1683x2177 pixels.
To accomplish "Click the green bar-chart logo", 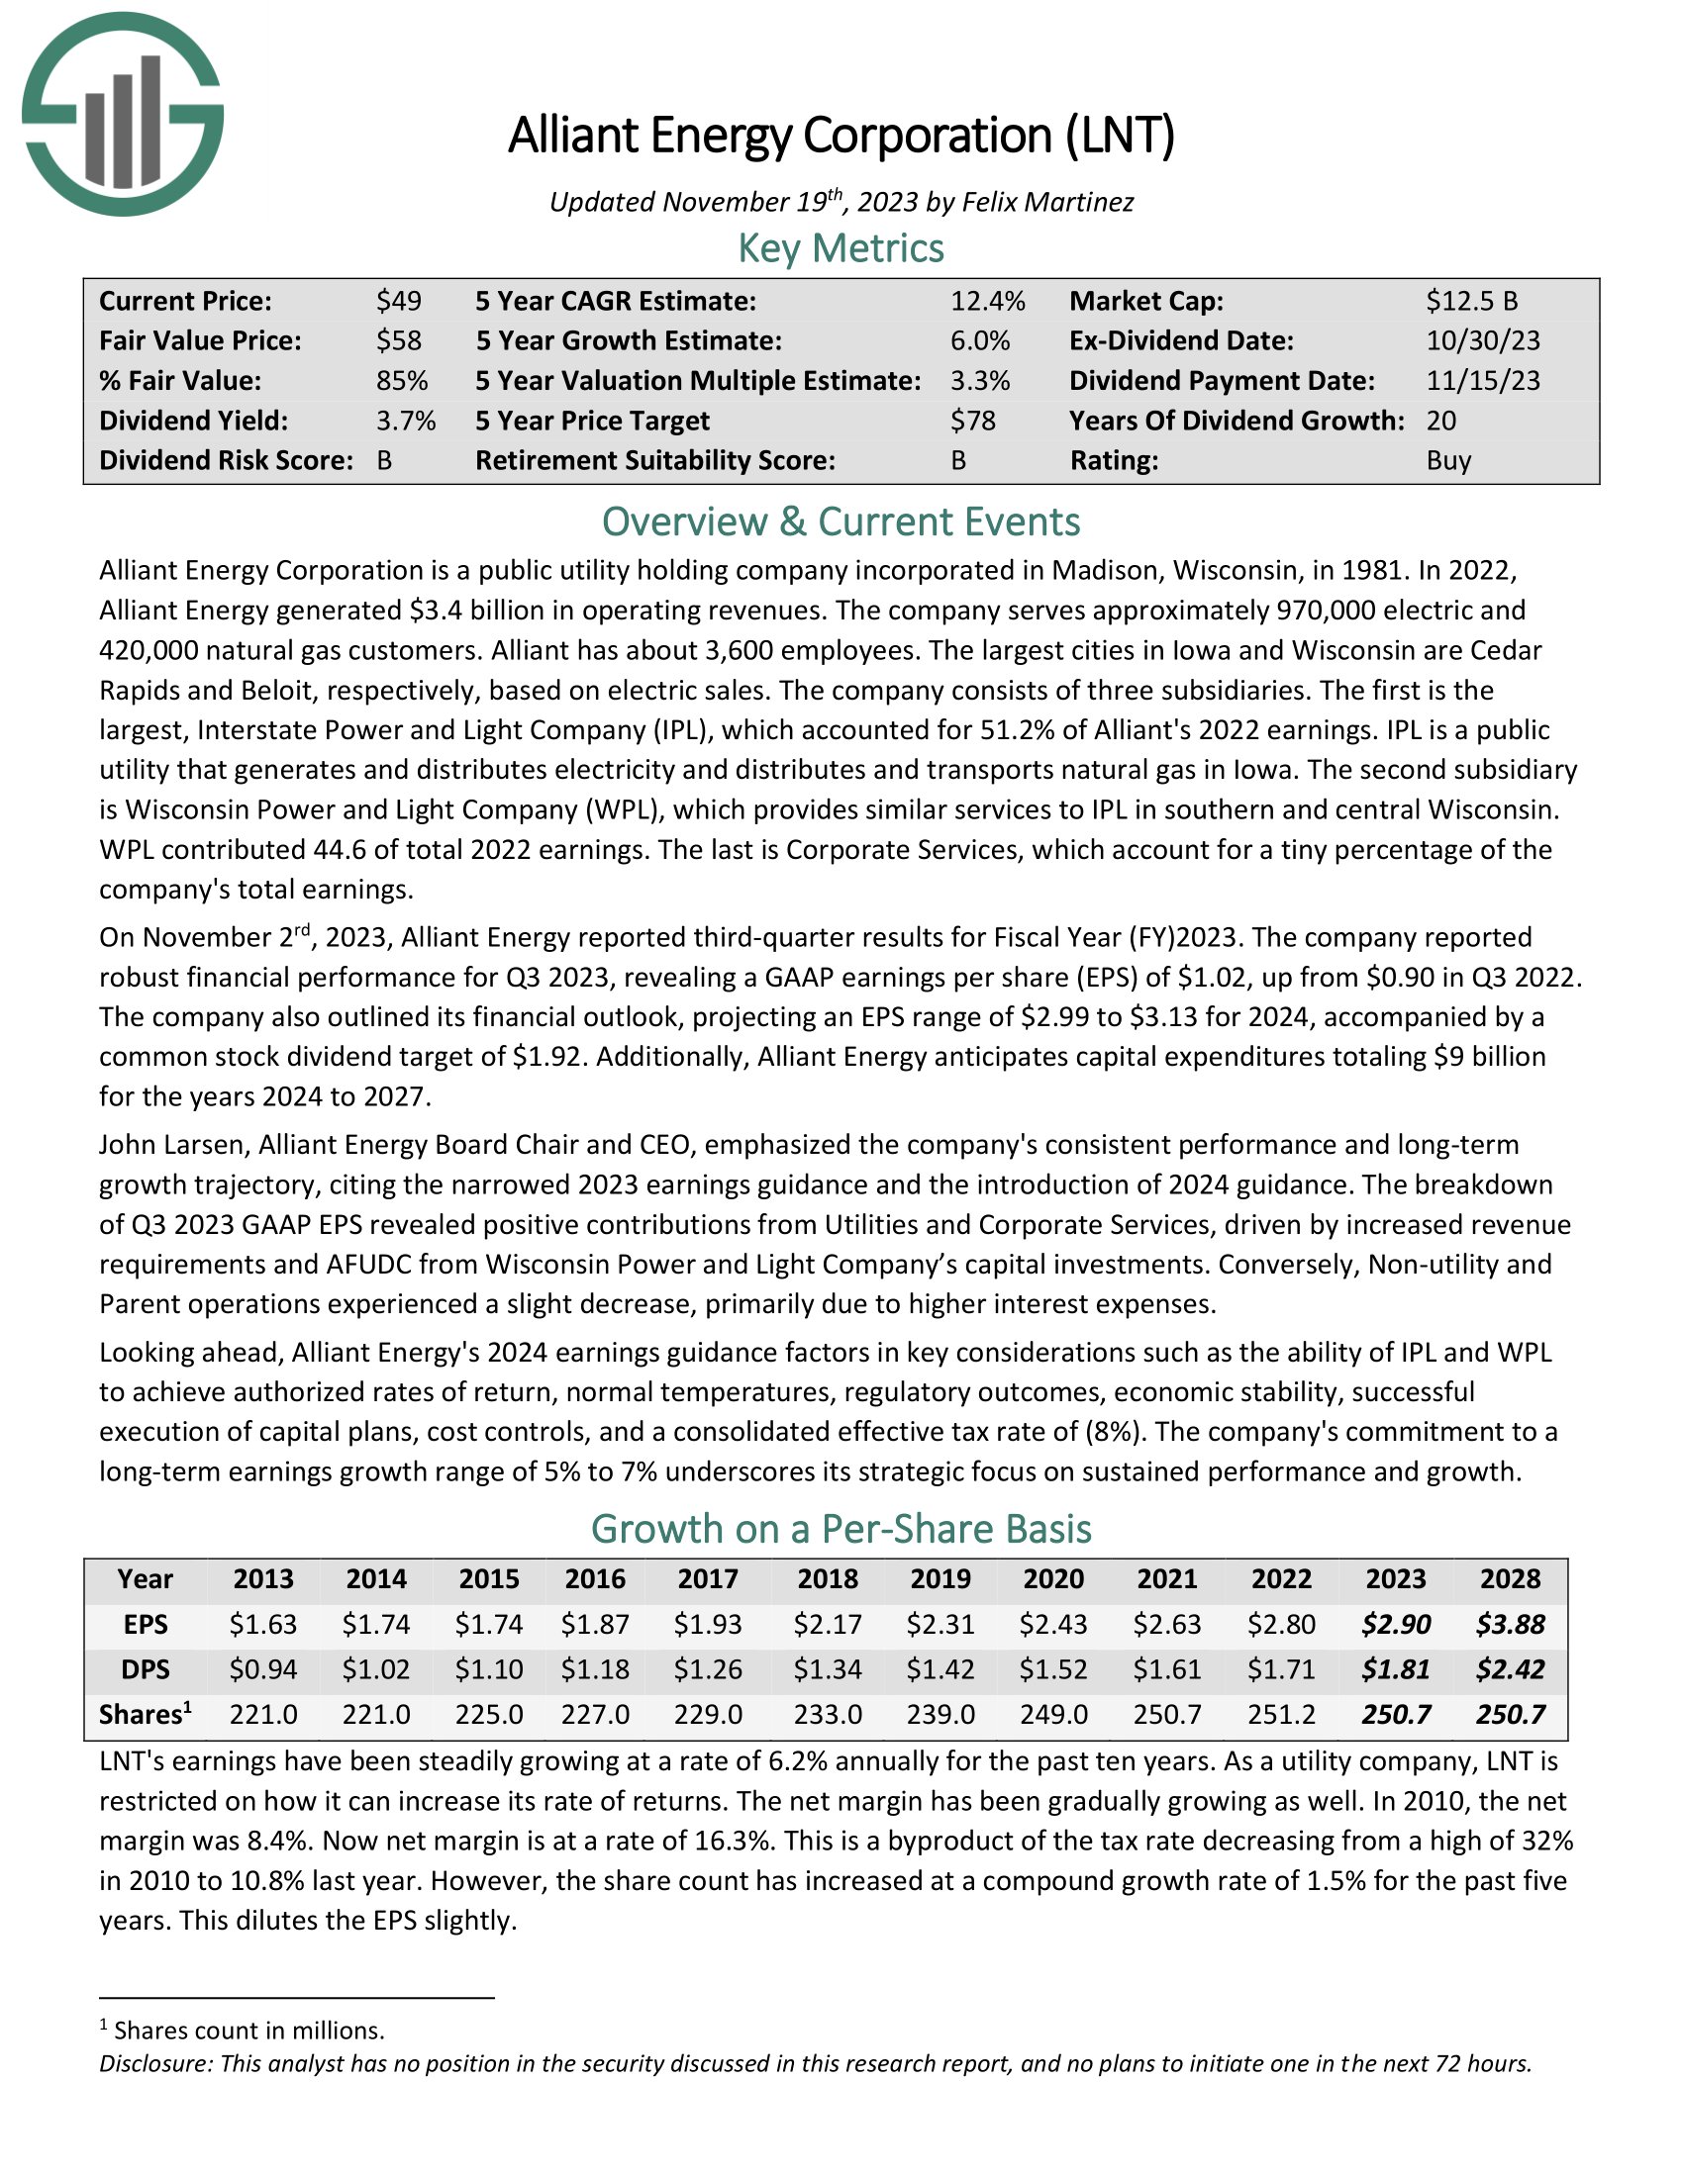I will click(x=123, y=114).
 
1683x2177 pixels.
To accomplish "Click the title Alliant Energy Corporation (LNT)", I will click(x=841, y=136).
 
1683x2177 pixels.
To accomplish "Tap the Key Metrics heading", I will click(x=841, y=248).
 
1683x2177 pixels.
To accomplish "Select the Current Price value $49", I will click(x=399, y=301).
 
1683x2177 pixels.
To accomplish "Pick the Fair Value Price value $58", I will click(x=399, y=341).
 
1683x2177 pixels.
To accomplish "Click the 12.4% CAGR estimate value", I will click(x=987, y=301).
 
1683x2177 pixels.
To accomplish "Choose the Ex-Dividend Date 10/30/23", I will click(x=1483, y=341).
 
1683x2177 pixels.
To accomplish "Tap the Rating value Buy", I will click(x=1448, y=460).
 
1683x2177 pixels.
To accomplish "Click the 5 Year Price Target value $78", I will click(x=973, y=421).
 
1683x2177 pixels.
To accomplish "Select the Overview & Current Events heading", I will click(x=841, y=522).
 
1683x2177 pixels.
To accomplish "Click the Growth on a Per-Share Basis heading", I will click(x=841, y=1529).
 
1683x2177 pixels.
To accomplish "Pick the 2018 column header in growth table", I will click(x=828, y=1579).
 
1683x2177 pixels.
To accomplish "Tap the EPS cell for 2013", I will click(x=263, y=1625).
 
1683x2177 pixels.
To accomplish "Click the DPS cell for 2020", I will click(x=1054, y=1669).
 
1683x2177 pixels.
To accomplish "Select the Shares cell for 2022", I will click(x=1281, y=1715).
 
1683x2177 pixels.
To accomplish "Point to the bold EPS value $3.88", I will click(x=1511, y=1625).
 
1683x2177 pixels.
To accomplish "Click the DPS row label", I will click(x=146, y=1669).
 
